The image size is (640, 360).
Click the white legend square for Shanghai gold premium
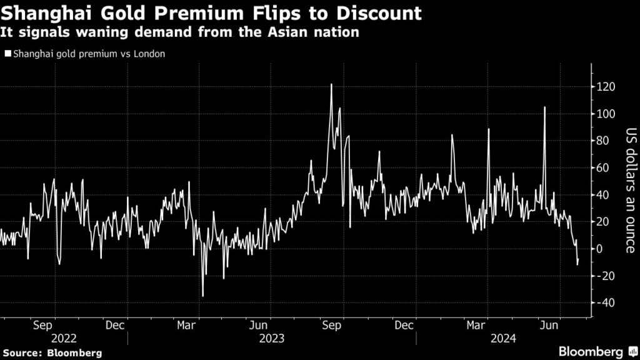point(7,54)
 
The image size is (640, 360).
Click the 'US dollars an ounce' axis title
point(630,190)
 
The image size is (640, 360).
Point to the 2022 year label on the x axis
point(64,338)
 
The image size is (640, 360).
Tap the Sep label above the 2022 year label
point(42,326)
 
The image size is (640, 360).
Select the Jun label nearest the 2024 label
point(550,326)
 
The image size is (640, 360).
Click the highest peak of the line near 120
point(331,84)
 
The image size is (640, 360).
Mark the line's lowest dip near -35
point(203,296)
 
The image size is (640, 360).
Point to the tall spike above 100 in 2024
point(544,107)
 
